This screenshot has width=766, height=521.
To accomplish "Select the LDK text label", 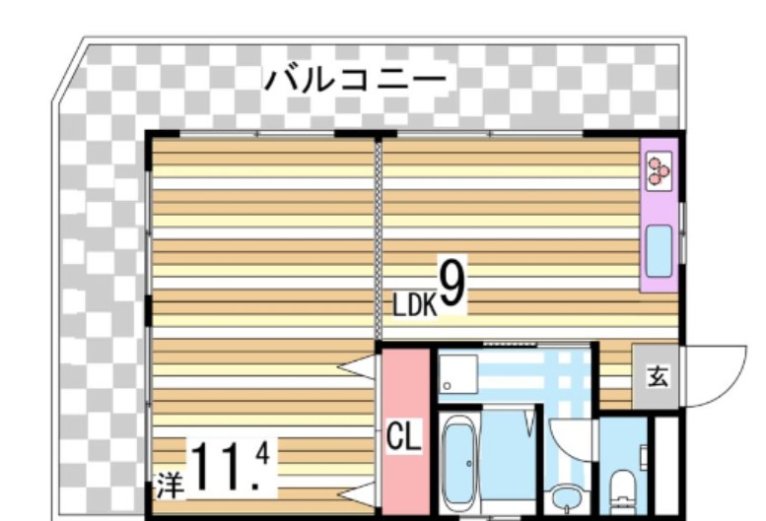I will pyautogui.click(x=414, y=306).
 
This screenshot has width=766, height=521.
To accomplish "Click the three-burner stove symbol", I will pyautogui.click(x=658, y=174).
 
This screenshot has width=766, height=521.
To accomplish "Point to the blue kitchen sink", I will pyautogui.click(x=658, y=250).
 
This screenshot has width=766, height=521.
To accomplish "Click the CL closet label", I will pyautogui.click(x=403, y=437).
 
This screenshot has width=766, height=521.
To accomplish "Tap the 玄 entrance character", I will pyautogui.click(x=656, y=376).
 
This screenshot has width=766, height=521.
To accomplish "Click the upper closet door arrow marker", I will pyautogui.click(x=357, y=368).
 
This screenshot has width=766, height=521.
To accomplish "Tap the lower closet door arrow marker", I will pyautogui.click(x=357, y=491).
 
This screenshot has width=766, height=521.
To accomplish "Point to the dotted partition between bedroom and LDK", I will pyautogui.click(x=377, y=236).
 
